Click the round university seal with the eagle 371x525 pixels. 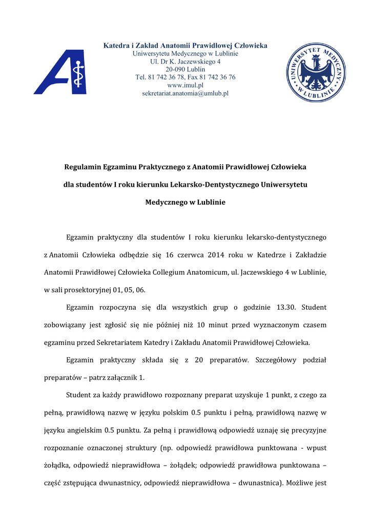pos(315,72)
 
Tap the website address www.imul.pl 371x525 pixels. pos(185,85)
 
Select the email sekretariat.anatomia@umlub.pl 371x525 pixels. pos(185,93)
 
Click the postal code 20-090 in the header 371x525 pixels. pos(175,69)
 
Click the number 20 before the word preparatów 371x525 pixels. pos(200,360)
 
